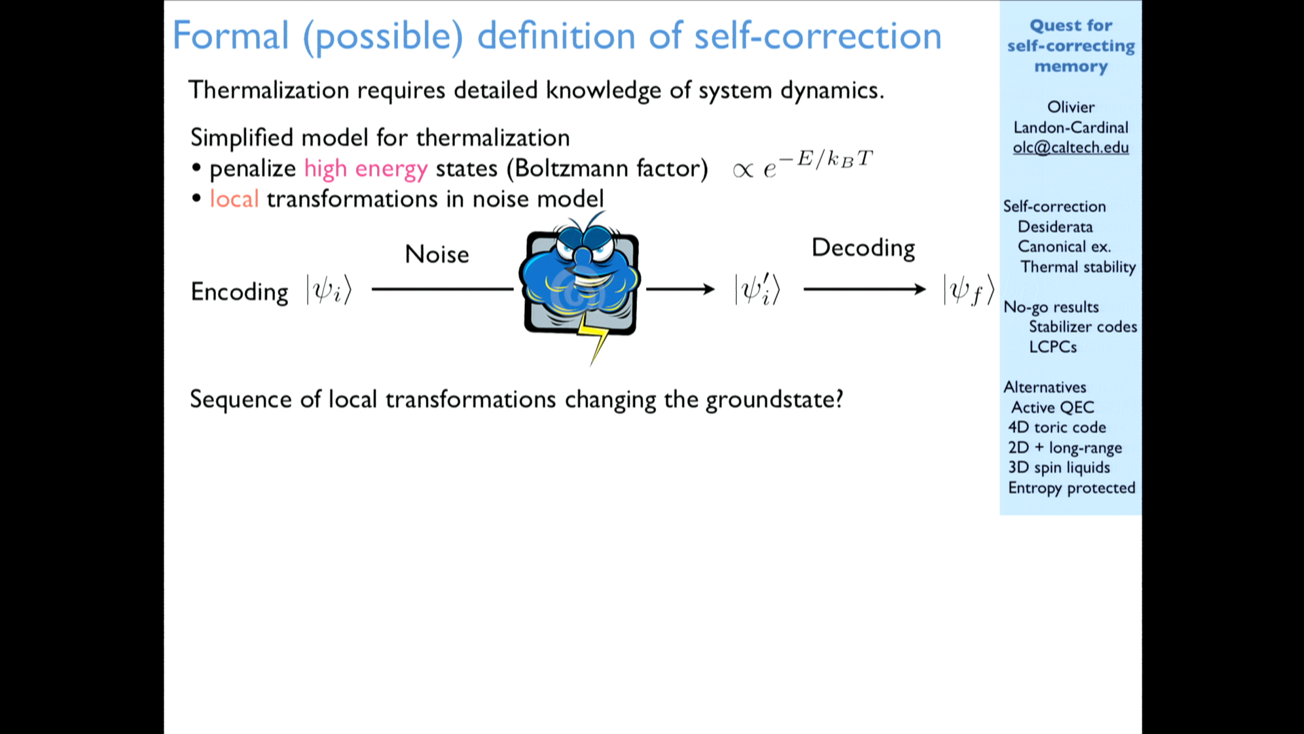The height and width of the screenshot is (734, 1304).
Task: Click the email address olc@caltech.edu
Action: pos(1070,147)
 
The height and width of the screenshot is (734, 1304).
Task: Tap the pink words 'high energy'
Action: pos(365,169)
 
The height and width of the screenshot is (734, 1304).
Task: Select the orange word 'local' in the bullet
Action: pos(234,198)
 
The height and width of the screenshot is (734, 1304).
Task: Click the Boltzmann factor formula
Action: pos(802,164)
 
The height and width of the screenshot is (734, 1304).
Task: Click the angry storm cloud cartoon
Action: pos(581,285)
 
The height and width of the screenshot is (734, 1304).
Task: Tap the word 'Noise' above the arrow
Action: pos(437,254)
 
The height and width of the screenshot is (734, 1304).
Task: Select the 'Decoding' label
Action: pos(863,248)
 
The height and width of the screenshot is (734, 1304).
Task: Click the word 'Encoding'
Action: pos(239,292)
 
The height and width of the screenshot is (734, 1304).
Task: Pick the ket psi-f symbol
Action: pos(969,290)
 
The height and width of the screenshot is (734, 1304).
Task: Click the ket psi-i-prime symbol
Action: pos(757,290)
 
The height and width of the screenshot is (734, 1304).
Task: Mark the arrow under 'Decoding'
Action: pos(865,290)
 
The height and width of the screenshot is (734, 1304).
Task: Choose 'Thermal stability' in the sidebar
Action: pos(1078,267)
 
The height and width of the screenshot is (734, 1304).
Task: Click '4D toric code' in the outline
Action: pos(1057,427)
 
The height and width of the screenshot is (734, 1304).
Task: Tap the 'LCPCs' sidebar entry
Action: pos(1053,347)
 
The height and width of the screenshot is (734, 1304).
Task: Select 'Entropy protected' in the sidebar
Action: pos(1072,488)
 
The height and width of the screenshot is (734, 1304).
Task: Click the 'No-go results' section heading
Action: pos(1051,307)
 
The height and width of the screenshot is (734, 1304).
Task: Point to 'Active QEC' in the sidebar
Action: pos(1053,407)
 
